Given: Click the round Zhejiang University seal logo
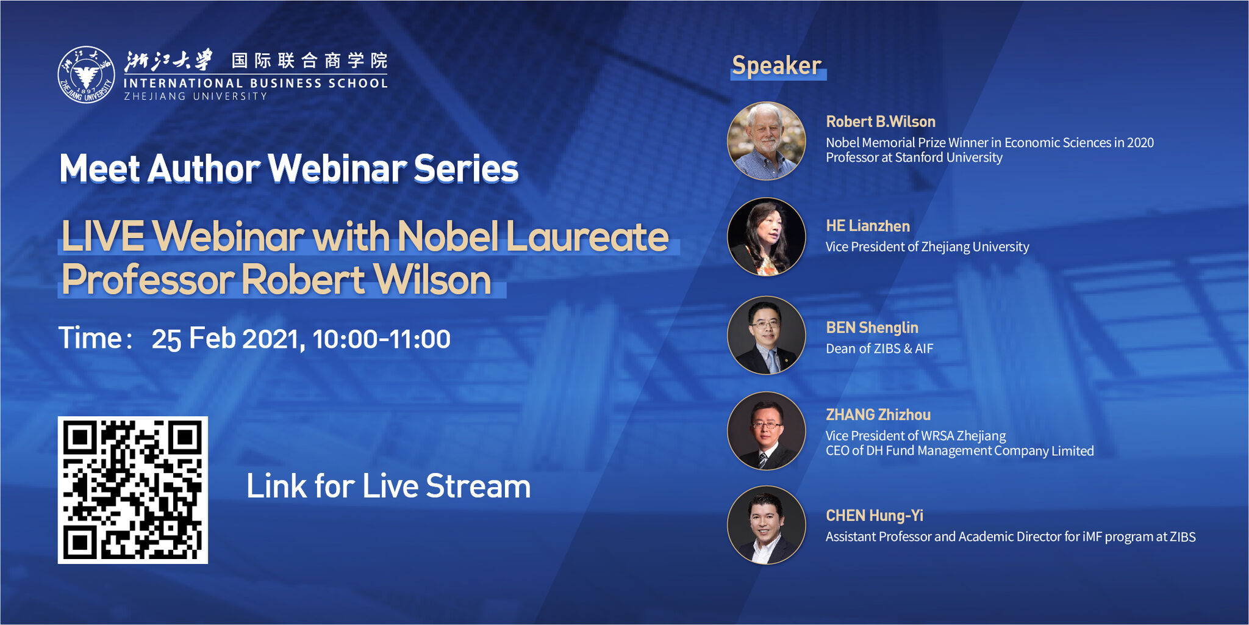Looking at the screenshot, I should [86, 75].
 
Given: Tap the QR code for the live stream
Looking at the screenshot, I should [133, 490].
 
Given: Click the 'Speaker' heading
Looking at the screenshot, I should [777, 66].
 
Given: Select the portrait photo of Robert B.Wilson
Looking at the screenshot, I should [767, 141].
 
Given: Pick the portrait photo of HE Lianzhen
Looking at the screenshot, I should [767, 237].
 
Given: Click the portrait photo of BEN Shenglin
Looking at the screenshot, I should [767, 335].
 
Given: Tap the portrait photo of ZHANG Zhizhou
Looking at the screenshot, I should [767, 431].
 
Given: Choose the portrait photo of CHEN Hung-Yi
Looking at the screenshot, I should [767, 525].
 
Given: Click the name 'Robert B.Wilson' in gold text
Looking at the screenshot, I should [880, 121].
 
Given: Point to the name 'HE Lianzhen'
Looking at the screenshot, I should [867, 226].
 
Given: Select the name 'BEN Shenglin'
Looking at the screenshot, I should [871, 328].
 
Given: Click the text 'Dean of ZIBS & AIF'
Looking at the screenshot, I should [879, 349].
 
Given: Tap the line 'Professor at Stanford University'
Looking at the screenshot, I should [914, 157].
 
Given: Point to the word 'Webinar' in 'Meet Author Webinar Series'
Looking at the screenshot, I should [337, 169].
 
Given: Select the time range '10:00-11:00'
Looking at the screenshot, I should [381, 339].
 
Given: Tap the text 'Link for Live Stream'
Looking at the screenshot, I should [388, 486].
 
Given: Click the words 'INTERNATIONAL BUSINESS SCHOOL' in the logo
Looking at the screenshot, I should [255, 83].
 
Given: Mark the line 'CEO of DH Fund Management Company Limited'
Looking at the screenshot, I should [959, 451].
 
